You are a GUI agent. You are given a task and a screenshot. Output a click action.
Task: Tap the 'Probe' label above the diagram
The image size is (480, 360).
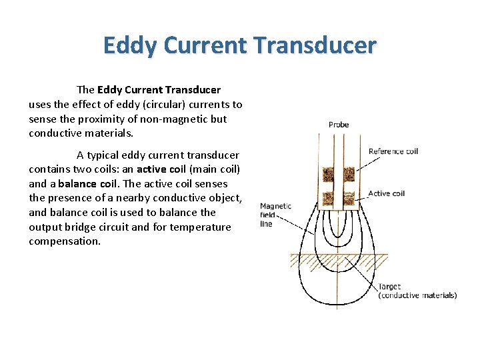(339, 125)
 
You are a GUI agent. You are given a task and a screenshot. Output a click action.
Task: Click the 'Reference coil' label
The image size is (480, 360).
(393, 151)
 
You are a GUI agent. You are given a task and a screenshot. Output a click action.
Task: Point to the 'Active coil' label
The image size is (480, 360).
(387, 194)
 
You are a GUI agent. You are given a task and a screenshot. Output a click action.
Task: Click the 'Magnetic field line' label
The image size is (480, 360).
(275, 215)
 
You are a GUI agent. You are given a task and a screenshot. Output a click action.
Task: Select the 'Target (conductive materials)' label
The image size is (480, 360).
(417, 291)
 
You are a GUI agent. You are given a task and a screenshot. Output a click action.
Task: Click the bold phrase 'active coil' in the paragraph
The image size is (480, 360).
(161, 169)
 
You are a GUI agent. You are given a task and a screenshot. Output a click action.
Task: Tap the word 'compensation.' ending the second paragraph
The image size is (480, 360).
(65, 241)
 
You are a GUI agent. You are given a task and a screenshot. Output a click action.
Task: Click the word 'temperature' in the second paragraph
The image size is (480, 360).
(201, 227)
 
